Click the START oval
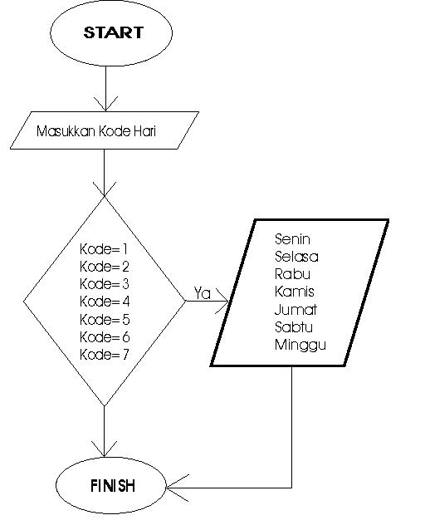point(113,33)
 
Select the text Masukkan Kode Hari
point(97,131)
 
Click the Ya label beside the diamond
point(202,292)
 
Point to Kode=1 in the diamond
point(103,249)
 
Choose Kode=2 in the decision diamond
point(103,267)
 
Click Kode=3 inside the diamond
point(103,284)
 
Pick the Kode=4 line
point(103,302)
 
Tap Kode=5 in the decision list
point(103,319)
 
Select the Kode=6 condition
point(103,336)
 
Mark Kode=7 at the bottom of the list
point(103,354)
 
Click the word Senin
point(293,239)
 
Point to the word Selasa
point(296,256)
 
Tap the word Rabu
point(292,273)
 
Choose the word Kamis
point(294,291)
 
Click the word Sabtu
point(294,326)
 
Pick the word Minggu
point(300,345)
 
